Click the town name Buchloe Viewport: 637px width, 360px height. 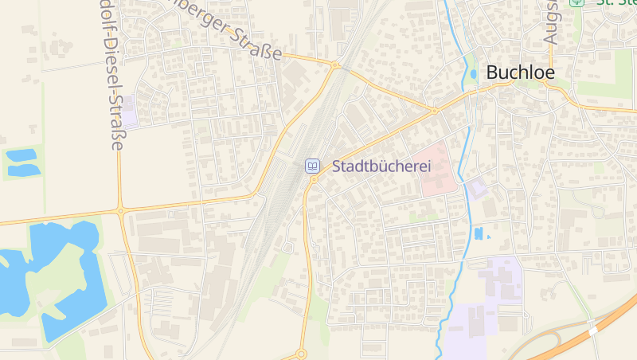click(520, 72)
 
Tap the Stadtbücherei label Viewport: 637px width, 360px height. click(381, 166)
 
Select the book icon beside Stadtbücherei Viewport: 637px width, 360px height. click(313, 166)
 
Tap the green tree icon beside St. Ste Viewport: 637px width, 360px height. click(576, 2)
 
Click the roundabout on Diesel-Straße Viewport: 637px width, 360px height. click(120, 211)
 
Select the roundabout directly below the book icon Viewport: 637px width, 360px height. click(314, 180)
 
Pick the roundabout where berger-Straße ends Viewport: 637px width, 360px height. click(336, 65)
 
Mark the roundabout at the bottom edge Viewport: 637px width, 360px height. click(301, 354)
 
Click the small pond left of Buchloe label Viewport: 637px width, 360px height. click(474, 74)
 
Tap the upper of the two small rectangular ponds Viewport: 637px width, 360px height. click(22, 154)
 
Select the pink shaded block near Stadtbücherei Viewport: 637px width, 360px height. click(437, 167)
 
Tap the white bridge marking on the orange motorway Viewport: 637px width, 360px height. click(592, 327)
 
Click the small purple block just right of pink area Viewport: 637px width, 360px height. click(476, 189)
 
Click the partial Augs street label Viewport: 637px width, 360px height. click(550, 22)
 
